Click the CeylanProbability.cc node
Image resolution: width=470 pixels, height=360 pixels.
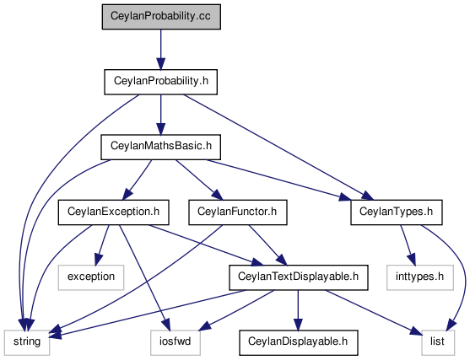click(x=161, y=17)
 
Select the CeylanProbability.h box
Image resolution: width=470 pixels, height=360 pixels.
click(x=160, y=82)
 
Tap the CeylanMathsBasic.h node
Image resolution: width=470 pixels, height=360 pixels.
click(x=160, y=147)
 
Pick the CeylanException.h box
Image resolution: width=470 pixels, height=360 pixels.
click(x=113, y=212)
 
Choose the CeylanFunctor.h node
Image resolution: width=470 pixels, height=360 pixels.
click(x=238, y=212)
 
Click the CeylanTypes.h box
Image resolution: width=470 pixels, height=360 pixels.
click(x=397, y=212)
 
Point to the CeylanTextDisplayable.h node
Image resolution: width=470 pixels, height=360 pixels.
click(x=299, y=277)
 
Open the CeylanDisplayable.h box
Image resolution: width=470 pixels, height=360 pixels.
click(x=299, y=342)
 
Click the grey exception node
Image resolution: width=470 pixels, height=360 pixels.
click(x=91, y=277)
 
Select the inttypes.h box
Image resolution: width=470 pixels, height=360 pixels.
click(x=420, y=277)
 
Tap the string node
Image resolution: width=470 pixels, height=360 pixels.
click(x=27, y=342)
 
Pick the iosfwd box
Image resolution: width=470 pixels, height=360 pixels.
click(x=176, y=342)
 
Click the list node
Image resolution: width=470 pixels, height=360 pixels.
click(x=438, y=342)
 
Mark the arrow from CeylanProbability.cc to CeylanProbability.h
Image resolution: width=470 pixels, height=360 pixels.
click(x=160, y=50)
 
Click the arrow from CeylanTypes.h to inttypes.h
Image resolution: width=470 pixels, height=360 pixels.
click(x=408, y=245)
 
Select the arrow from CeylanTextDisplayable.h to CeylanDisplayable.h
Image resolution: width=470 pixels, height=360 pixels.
click(x=298, y=310)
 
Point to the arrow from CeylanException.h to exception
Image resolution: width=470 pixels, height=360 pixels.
click(x=102, y=245)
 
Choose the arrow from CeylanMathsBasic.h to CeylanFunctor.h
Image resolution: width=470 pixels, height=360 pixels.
click(x=199, y=180)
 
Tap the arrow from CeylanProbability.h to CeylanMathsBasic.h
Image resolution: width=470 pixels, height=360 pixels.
click(x=160, y=115)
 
